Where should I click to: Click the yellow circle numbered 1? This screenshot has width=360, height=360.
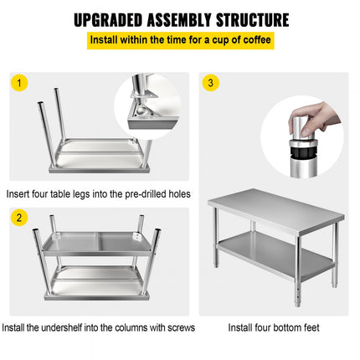tap(19, 83)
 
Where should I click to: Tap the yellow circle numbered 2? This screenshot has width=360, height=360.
tap(19, 218)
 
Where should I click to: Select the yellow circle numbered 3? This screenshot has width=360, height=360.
tap(210, 83)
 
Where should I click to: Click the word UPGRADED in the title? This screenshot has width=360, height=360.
tap(108, 20)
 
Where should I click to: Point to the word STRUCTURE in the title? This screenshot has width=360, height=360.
tap(252, 20)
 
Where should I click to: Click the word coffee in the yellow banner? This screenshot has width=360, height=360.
tap(256, 39)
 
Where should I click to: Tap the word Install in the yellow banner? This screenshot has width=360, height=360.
tap(103, 39)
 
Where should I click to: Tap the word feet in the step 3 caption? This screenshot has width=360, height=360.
tap(311, 327)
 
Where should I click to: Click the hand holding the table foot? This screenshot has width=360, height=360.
tap(316, 117)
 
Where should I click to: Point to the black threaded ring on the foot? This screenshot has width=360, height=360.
tap(303, 152)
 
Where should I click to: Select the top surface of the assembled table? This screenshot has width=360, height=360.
tap(275, 208)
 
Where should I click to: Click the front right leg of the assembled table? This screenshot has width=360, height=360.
tap(298, 270)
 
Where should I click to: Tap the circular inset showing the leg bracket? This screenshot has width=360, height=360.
tap(147, 106)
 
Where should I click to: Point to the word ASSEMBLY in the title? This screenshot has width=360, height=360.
tap(179, 20)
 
